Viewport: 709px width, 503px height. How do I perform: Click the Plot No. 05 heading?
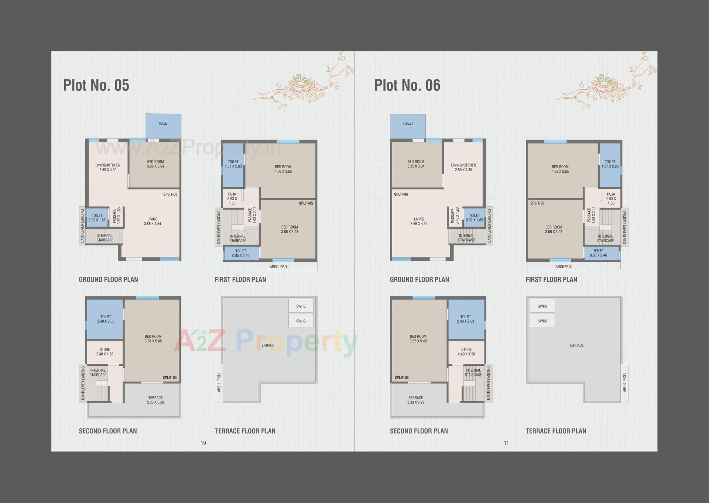pos(96,85)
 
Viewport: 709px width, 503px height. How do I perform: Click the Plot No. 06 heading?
pos(407,85)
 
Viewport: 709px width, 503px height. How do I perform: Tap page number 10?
pos(203,443)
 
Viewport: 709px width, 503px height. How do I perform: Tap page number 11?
pos(506,443)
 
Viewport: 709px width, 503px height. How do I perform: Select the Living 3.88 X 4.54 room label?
pos(153,221)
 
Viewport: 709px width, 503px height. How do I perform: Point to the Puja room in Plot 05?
pos(232,199)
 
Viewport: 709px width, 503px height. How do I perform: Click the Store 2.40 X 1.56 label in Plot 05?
pos(105,352)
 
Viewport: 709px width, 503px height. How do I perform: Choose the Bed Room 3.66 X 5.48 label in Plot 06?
pos(418,339)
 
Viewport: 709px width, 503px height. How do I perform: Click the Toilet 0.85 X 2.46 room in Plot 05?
pos(241,253)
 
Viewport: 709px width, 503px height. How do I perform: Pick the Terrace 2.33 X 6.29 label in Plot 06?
pos(416,400)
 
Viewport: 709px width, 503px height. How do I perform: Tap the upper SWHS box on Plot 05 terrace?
pos(301,306)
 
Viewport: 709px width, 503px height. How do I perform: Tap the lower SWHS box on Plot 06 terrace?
pos(542,321)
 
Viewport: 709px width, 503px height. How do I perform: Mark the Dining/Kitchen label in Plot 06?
pos(463,168)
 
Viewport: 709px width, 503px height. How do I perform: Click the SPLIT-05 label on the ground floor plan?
pos(170,194)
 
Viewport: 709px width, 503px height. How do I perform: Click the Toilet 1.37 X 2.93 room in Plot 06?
pos(610,164)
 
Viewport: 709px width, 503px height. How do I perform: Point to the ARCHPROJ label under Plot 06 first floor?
pos(564,267)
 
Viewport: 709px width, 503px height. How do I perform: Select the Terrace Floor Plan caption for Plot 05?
pos(245,431)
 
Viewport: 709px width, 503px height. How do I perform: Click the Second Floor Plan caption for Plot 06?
pos(419,431)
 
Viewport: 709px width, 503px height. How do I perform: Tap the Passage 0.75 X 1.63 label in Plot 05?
pos(117,216)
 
